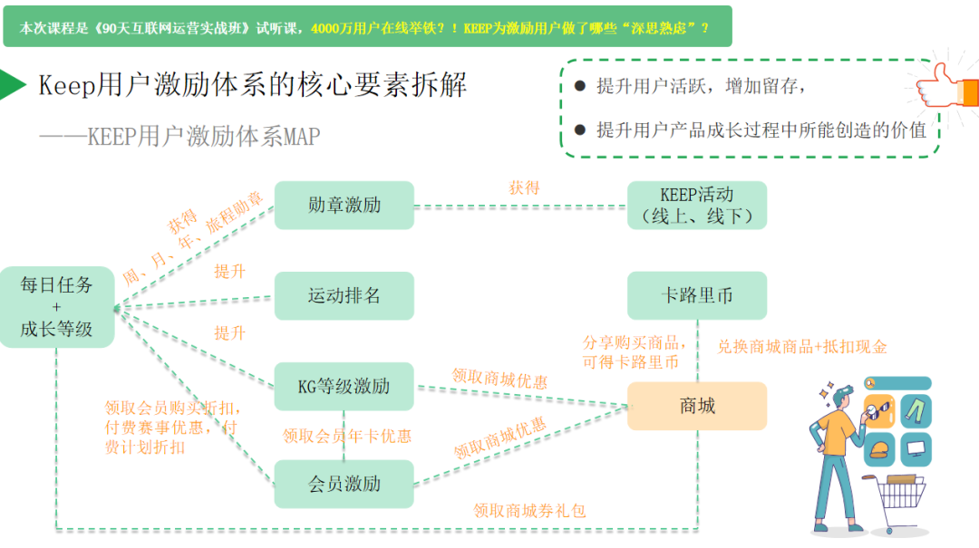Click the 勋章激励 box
[x=344, y=205]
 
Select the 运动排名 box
[x=344, y=295]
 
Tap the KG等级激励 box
[x=344, y=387]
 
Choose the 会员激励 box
[x=344, y=484]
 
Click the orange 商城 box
[x=697, y=406]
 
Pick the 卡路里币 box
[x=697, y=295]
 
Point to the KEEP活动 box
[x=697, y=205]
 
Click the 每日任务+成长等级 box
[x=56, y=307]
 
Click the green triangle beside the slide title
[x=12, y=84]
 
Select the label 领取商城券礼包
[x=529, y=511]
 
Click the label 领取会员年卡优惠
[x=347, y=437]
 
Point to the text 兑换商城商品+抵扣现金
[x=802, y=346]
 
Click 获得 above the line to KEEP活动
[x=524, y=187]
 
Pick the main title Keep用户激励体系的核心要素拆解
[x=253, y=85]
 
